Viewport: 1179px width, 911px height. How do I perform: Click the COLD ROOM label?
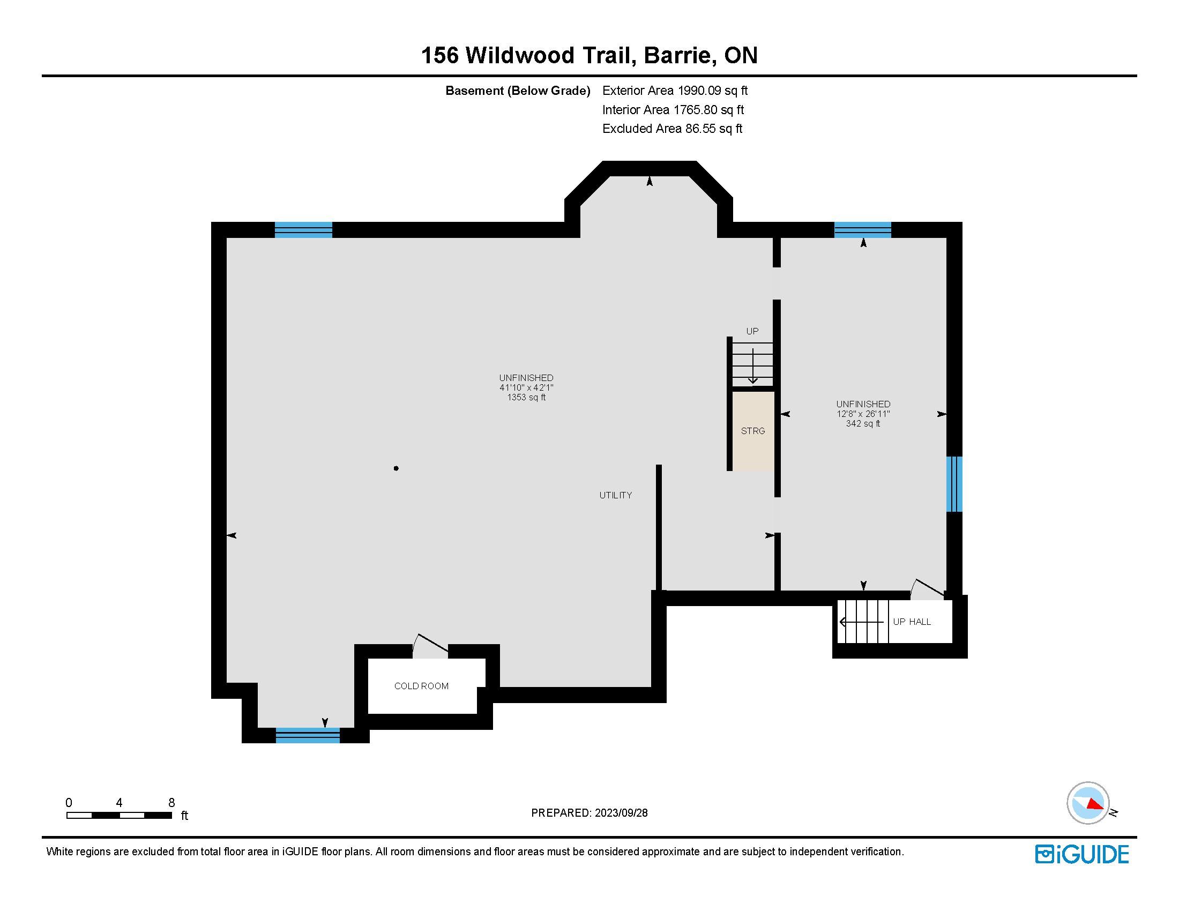point(421,686)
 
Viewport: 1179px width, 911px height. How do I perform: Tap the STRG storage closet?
point(753,431)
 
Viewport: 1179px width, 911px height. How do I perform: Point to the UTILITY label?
point(615,495)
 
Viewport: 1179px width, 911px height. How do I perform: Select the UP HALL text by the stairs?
point(912,622)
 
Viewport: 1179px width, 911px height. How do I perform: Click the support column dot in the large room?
point(396,468)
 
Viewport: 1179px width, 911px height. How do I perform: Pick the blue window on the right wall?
point(954,484)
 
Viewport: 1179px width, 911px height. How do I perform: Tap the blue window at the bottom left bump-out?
point(308,735)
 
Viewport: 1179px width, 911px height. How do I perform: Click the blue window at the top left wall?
point(303,230)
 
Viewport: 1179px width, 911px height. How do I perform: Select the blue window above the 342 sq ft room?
point(863,230)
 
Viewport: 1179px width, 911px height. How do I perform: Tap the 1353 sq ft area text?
point(526,397)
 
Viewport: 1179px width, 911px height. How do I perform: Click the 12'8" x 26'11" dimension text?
point(863,414)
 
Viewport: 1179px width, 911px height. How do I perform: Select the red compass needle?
point(1095,805)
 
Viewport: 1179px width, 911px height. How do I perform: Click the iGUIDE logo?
point(1081,854)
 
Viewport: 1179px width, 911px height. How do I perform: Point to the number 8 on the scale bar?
point(171,803)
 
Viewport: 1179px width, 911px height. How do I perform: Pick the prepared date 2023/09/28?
point(621,813)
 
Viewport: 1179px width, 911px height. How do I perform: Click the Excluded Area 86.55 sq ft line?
point(672,129)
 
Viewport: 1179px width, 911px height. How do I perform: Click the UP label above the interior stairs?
point(752,331)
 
